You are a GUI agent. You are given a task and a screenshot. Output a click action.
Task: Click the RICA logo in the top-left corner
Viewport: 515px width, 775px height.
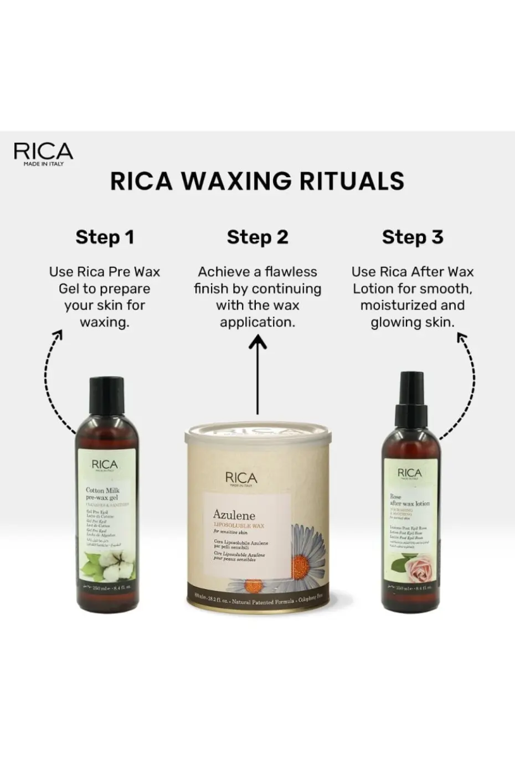(x=43, y=153)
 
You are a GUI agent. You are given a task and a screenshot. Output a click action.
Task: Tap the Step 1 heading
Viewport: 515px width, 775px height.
(x=105, y=237)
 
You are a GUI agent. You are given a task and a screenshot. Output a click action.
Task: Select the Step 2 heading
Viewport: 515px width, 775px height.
(x=257, y=237)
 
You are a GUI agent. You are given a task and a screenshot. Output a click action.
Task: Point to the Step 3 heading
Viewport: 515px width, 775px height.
(x=413, y=237)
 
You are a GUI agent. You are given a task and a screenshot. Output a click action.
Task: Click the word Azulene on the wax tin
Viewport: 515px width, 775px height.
(x=234, y=515)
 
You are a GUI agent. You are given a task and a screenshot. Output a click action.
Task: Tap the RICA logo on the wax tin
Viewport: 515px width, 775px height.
(x=241, y=479)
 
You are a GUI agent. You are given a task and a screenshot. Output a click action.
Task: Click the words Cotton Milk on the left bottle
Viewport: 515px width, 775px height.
(x=102, y=490)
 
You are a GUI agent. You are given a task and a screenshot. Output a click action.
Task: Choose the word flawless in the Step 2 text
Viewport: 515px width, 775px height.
(x=291, y=272)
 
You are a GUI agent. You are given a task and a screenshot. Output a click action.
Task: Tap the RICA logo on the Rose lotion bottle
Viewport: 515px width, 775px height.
(x=410, y=473)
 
